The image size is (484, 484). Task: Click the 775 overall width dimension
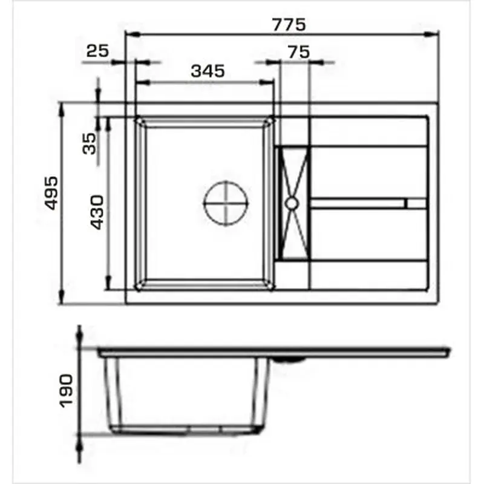tap(289, 25)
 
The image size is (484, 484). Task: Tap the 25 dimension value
tap(97, 51)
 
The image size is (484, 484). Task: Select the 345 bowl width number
tap(208, 71)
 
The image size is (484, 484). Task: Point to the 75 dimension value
tap(298, 52)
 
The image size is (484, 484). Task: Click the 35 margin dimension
tap(90, 143)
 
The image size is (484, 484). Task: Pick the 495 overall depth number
tap(51, 193)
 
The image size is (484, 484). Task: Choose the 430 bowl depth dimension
tap(97, 212)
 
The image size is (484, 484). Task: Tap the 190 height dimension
tap(67, 391)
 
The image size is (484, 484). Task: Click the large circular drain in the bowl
tap(226, 203)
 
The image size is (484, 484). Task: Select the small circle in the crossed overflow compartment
tap(292, 203)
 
